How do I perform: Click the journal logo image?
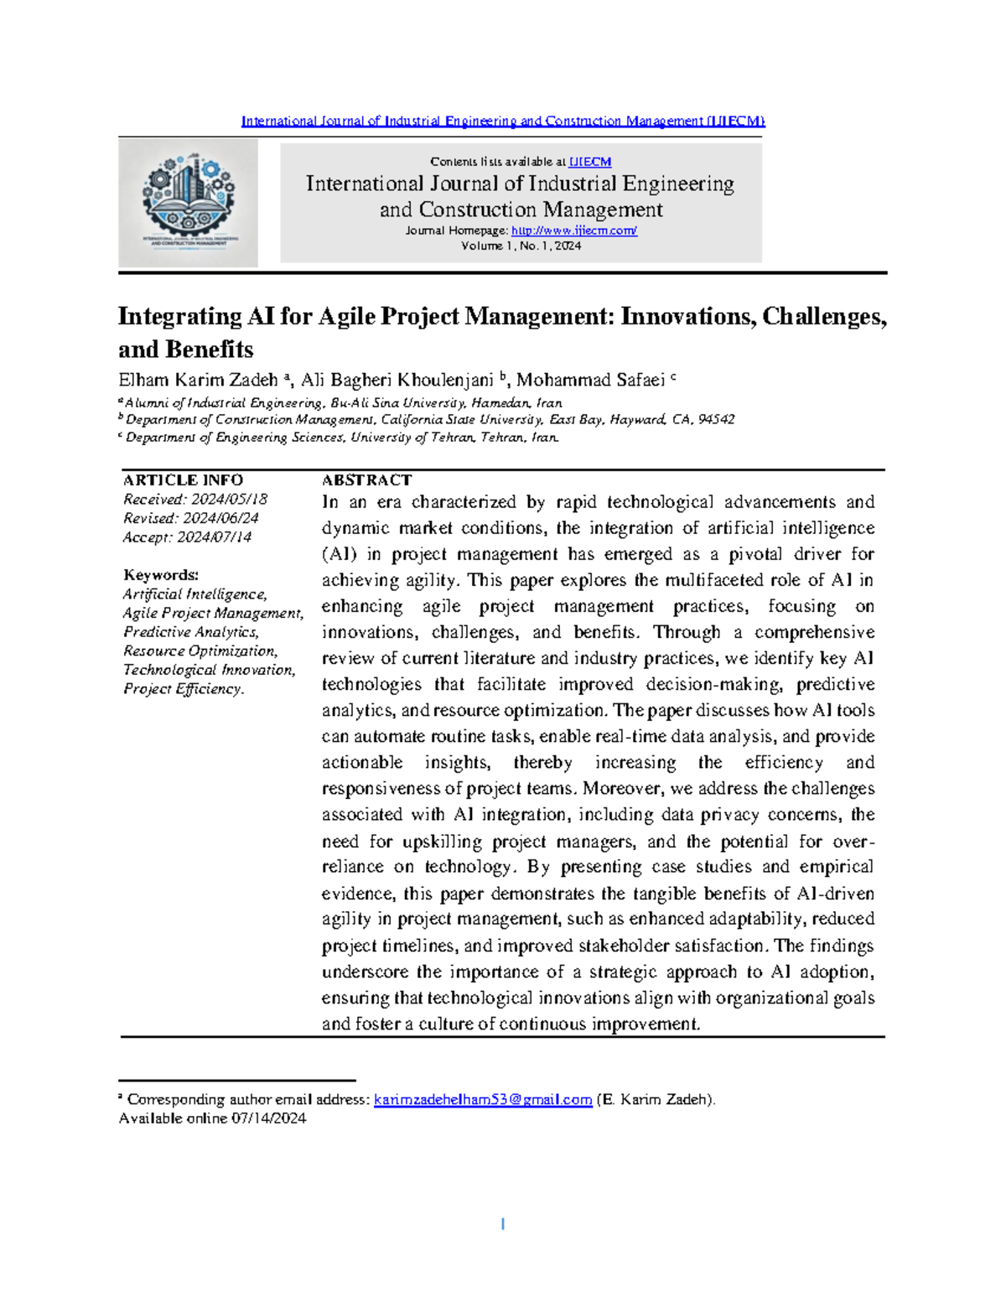pyautogui.click(x=188, y=202)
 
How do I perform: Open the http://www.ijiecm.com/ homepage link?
pyautogui.click(x=573, y=231)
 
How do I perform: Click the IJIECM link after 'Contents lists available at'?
pyautogui.click(x=590, y=162)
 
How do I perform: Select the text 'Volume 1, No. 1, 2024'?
pyautogui.click(x=521, y=246)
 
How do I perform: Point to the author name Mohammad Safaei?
pyautogui.click(x=590, y=381)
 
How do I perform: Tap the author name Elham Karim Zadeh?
pyautogui.click(x=198, y=381)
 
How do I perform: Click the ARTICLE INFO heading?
pyautogui.click(x=183, y=480)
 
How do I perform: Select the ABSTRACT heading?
pyautogui.click(x=366, y=480)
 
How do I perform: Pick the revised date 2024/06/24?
pyautogui.click(x=220, y=518)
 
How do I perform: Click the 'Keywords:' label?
pyautogui.click(x=161, y=575)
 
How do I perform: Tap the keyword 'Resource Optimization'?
pyautogui.click(x=200, y=651)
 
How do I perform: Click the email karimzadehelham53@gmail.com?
pyautogui.click(x=483, y=1099)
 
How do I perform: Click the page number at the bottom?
pyautogui.click(x=502, y=1224)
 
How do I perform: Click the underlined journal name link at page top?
pyautogui.click(x=503, y=121)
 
